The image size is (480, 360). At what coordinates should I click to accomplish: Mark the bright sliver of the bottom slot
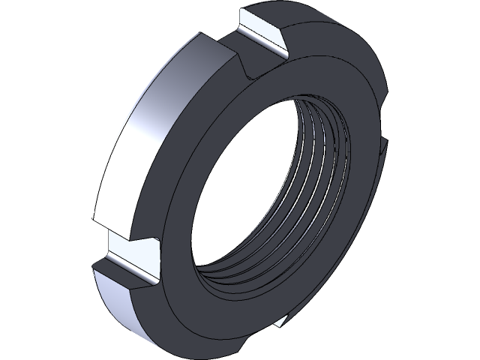281,322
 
